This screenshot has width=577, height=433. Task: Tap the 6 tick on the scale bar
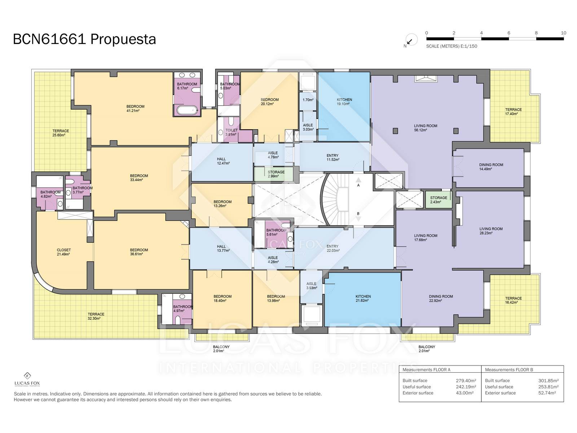pos(508,33)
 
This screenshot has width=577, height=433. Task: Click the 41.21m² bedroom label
pos(135,109)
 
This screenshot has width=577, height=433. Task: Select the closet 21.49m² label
pos(63,252)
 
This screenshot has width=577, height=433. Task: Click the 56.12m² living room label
pos(426,128)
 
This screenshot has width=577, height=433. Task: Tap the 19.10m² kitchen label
pos(344,102)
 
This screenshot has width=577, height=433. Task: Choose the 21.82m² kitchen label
pos(363,298)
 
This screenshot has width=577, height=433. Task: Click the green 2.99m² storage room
pos(274,174)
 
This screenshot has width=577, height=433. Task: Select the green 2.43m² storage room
pos(439,200)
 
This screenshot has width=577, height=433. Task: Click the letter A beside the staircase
pos(358,185)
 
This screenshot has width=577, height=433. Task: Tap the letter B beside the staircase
pos(358,214)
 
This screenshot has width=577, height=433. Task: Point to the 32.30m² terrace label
pos(96,316)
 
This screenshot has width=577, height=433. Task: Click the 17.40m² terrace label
pos(514,112)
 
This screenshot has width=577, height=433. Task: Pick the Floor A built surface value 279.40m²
pos(466,380)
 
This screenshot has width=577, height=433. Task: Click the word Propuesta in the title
pos(123,39)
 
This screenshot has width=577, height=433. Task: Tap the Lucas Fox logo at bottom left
pos(27,380)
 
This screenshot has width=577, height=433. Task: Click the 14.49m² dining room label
pos(491,167)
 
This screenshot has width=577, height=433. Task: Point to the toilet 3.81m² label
pos(231,132)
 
